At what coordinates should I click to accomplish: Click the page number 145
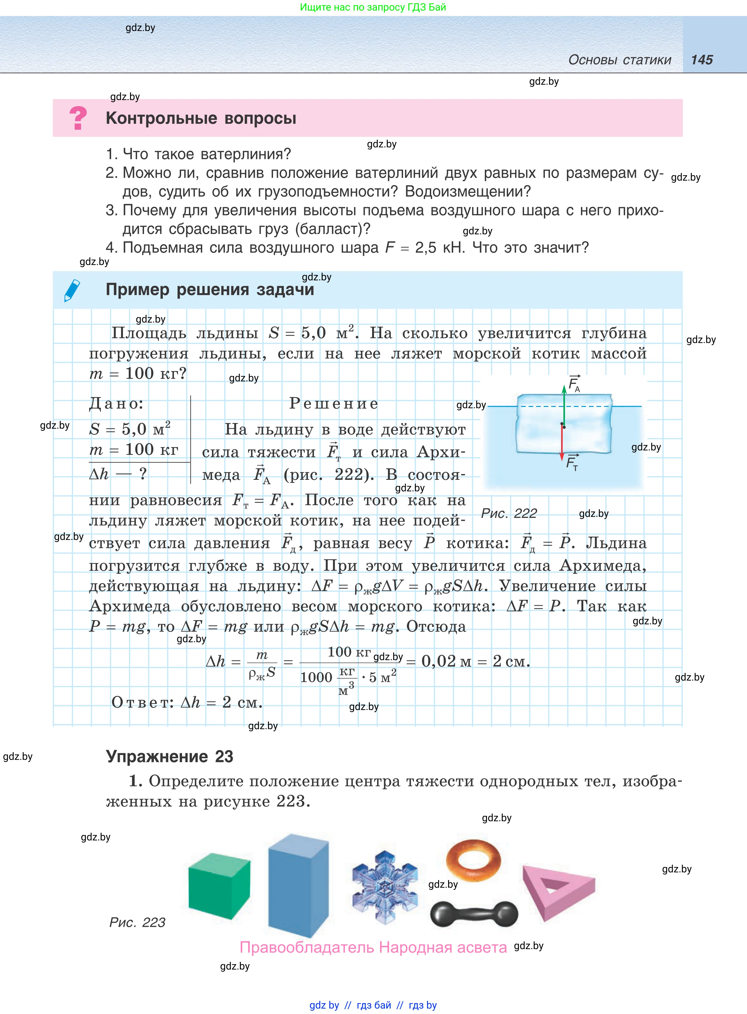701,60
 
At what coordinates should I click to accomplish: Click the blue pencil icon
72,290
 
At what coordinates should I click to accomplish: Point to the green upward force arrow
564,405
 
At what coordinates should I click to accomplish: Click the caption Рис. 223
137,922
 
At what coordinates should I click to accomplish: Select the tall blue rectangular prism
298,885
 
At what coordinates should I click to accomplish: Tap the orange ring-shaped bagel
473,860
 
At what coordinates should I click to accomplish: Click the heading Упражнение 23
169,757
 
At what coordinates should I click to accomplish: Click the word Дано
116,403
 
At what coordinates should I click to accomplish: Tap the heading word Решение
334,403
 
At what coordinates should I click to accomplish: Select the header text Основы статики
620,60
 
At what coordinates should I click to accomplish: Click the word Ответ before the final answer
142,702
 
